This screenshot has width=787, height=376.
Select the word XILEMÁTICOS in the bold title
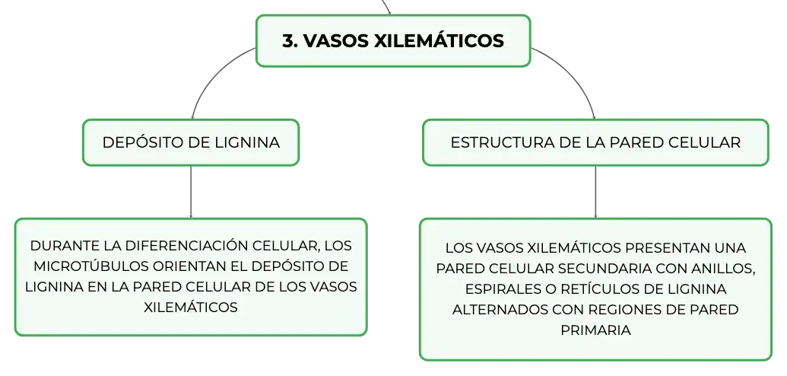(x=440, y=40)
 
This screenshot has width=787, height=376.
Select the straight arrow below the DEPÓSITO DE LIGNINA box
(x=191, y=192)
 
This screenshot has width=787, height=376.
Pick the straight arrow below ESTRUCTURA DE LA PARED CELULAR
(x=596, y=192)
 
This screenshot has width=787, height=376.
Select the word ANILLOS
(x=725, y=269)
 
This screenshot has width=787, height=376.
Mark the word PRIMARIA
(x=595, y=330)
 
